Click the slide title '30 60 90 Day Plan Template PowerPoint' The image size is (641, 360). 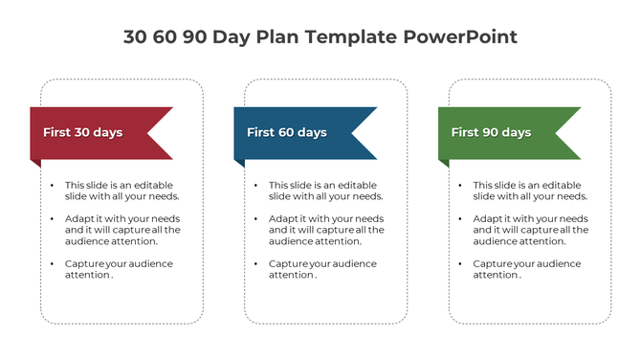pos(320,37)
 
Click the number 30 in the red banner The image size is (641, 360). pos(84,132)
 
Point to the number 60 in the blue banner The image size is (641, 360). pos(289,132)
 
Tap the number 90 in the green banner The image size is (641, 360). pos(494,132)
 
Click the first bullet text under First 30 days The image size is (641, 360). pos(122,191)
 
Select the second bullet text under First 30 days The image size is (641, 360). pos(122,230)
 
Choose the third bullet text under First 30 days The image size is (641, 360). pos(119,269)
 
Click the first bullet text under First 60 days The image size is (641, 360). pos(325,191)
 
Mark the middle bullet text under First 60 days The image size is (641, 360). pos(325,230)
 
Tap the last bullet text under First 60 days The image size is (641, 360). pos(322,269)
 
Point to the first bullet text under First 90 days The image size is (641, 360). pos(530,191)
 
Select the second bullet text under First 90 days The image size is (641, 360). pos(530,230)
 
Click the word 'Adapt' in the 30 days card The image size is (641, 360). pos(78,218)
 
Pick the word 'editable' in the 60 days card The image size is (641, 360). pos(358,185)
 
